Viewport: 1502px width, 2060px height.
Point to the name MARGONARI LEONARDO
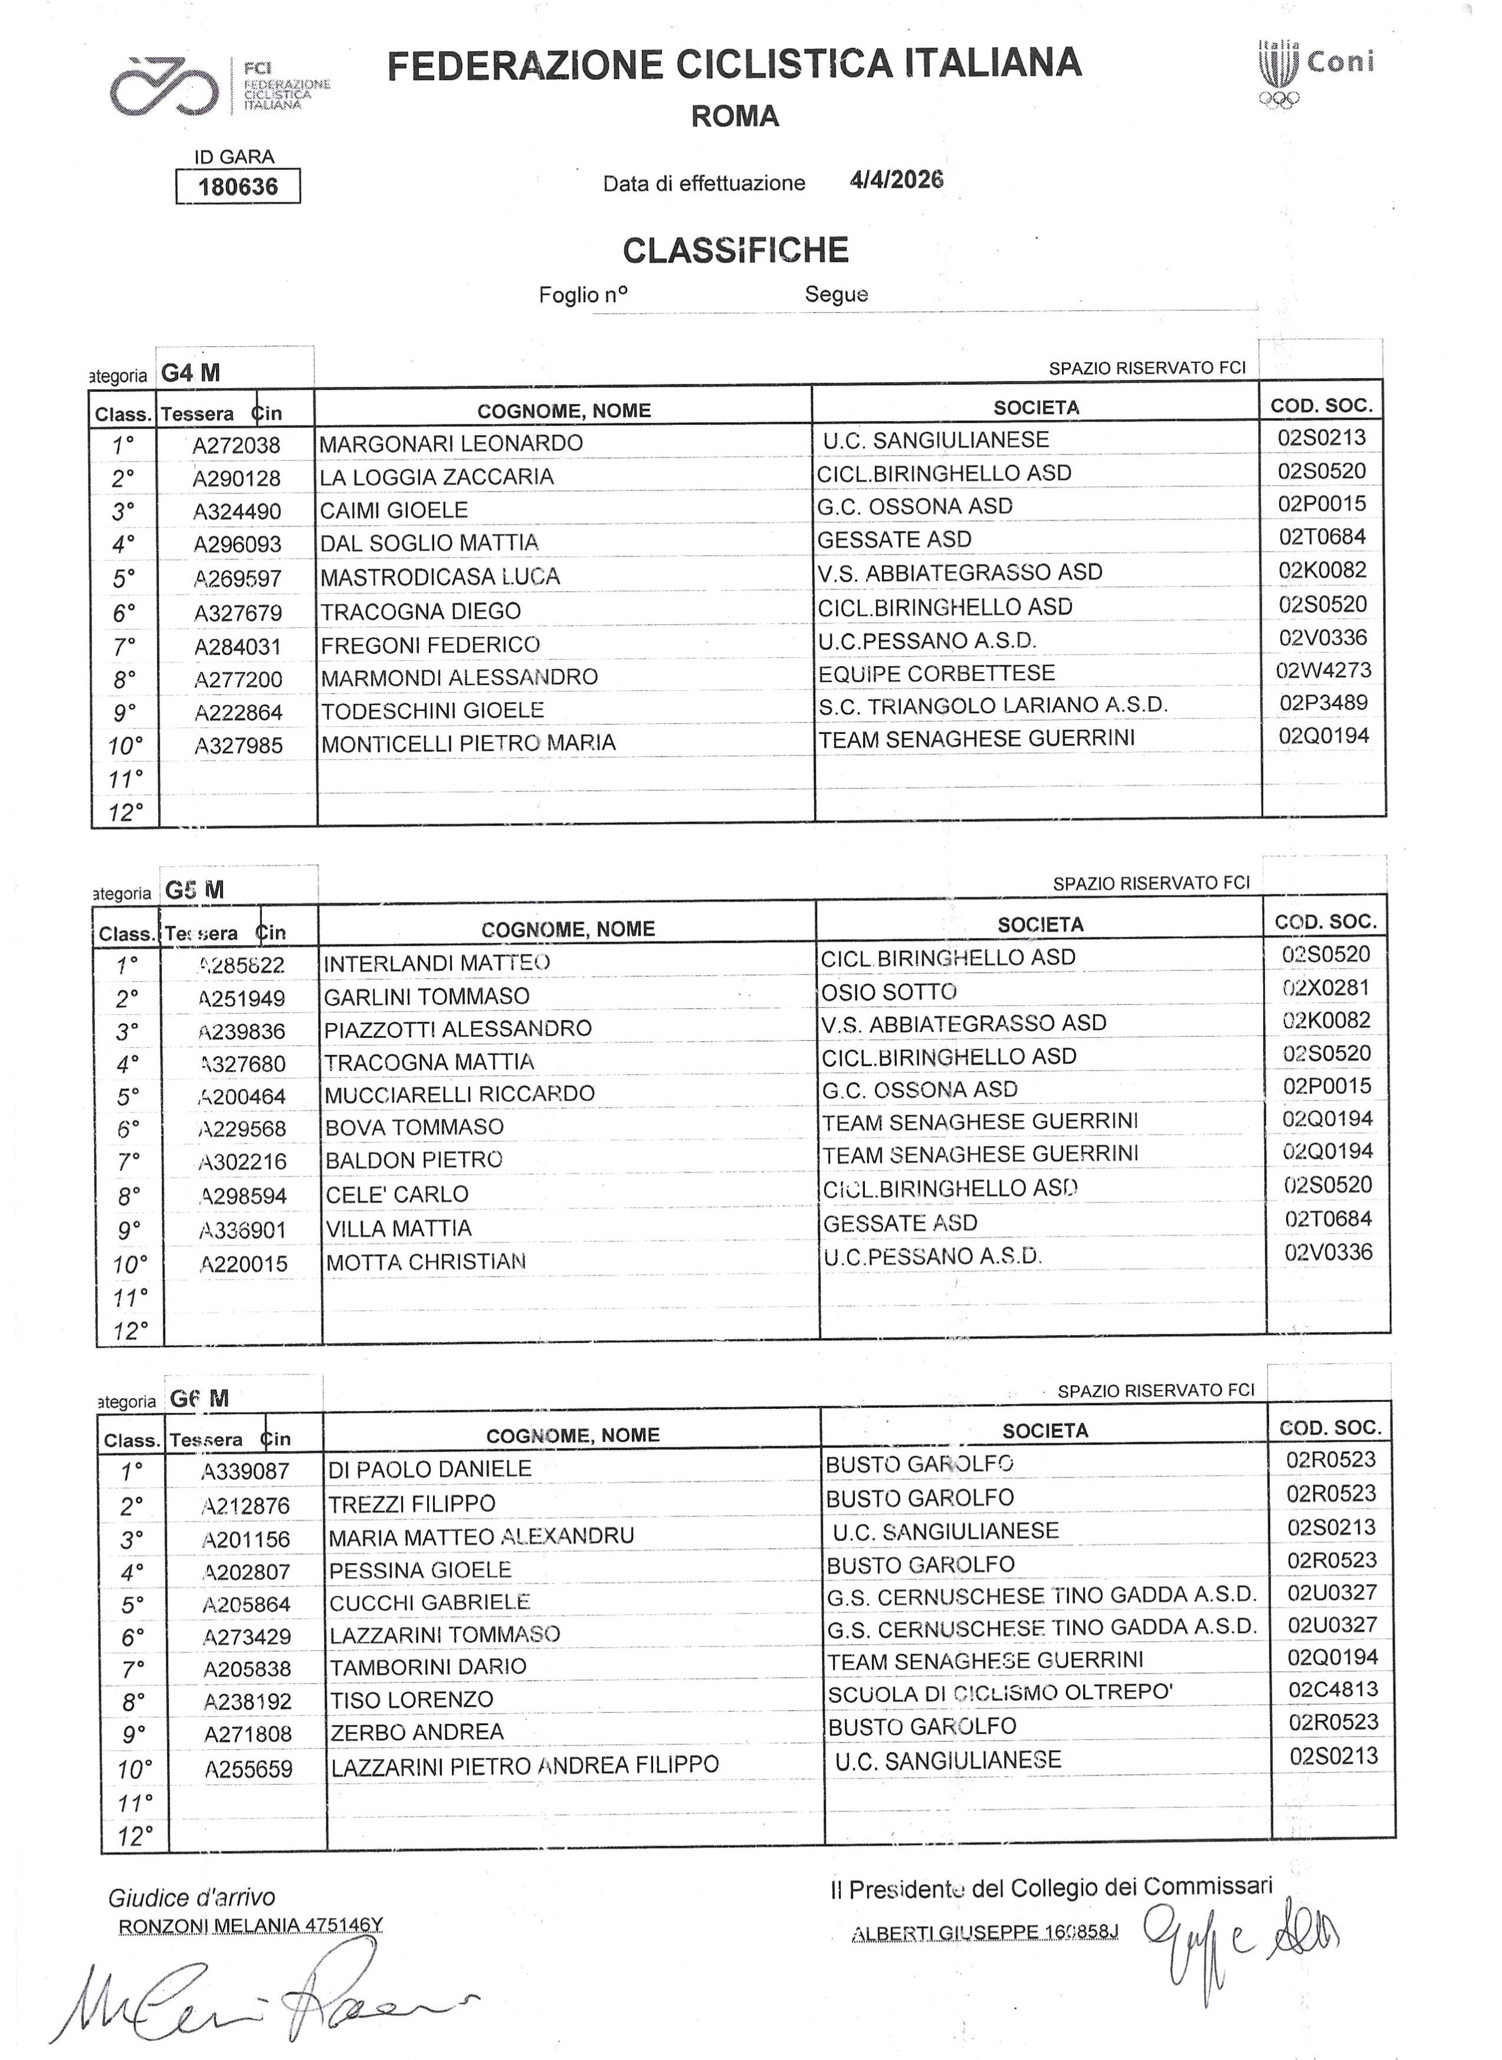451,444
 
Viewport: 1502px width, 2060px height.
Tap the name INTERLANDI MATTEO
437,963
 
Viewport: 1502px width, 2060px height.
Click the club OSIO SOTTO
888,992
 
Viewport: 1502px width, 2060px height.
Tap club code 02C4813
1333,1690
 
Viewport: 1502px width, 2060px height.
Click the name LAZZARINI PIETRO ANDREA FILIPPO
524,1766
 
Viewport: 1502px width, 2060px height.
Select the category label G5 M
195,890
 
